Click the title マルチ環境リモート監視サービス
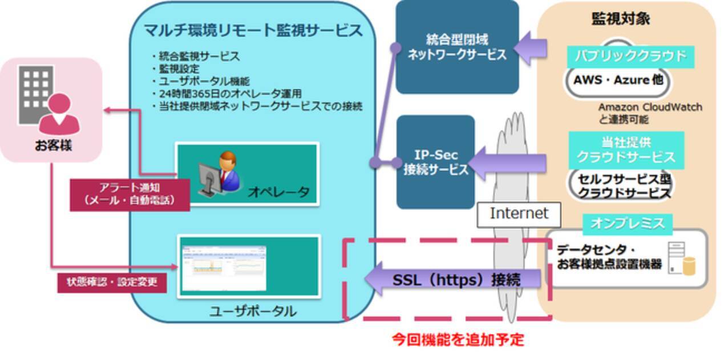point(253,30)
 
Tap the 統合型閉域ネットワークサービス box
point(457,47)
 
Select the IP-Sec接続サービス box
point(435,162)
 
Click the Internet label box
point(519,213)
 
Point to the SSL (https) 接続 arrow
point(454,280)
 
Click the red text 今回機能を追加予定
point(458,339)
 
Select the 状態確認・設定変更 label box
point(112,282)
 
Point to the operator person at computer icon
point(219,172)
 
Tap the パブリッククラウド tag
point(629,56)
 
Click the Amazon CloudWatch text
point(650,107)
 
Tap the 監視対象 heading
point(621,19)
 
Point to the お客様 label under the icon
point(53,145)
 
